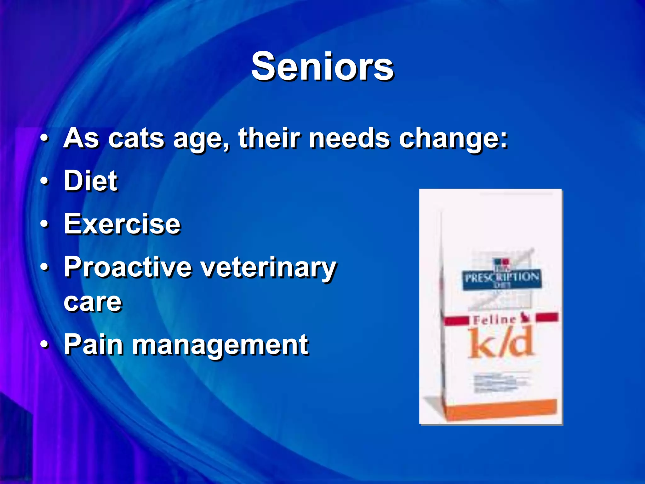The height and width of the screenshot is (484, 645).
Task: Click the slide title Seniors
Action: (322, 67)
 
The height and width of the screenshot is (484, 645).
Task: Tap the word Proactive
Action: (128, 267)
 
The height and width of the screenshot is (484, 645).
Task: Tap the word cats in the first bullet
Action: (136, 138)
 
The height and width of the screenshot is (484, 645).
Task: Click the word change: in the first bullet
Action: (453, 139)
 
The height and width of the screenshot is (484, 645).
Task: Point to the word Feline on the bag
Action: (494, 320)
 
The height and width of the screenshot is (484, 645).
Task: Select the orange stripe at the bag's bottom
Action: (501, 409)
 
